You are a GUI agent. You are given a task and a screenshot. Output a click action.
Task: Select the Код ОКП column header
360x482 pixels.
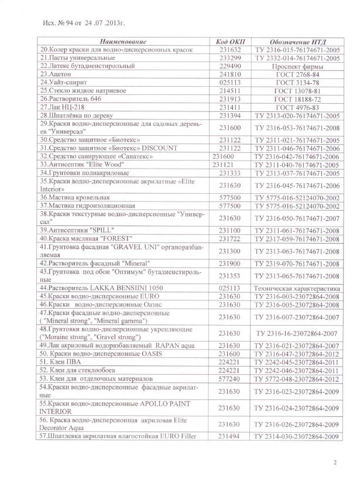229,42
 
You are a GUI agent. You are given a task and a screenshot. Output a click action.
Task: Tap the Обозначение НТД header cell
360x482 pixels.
297,42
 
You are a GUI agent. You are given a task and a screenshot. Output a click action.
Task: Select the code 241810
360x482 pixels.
230,75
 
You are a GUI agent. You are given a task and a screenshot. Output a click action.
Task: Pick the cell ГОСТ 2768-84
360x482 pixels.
297,75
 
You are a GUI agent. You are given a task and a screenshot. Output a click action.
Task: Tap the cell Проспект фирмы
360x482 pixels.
297,67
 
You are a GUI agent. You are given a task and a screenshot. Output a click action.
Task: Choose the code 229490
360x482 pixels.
230,67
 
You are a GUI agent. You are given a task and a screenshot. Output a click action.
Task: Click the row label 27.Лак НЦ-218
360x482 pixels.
63,108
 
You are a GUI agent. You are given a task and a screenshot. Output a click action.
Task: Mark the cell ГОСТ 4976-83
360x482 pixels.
297,108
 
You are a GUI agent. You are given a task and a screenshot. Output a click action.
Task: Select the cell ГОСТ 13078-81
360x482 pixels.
297,91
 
